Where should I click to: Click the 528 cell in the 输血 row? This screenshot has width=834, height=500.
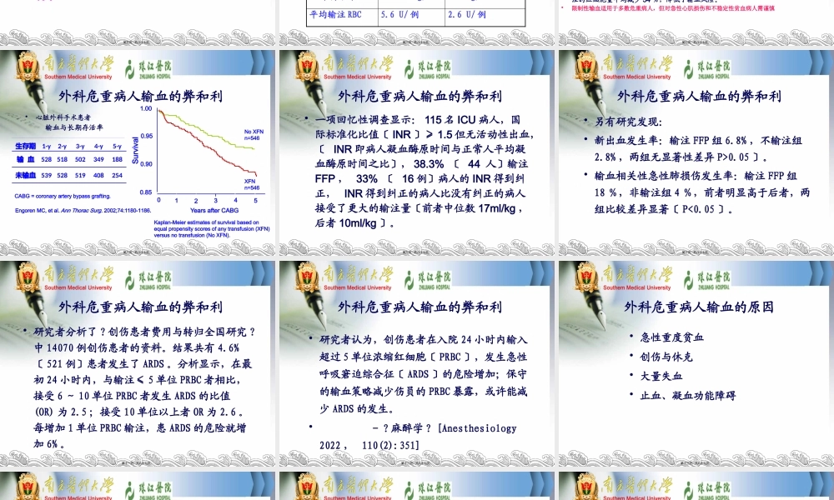(47, 159)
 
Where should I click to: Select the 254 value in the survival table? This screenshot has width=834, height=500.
(117, 175)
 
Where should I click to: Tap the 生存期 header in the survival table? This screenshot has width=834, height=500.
(24, 146)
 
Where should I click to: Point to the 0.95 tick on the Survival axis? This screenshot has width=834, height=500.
(146, 136)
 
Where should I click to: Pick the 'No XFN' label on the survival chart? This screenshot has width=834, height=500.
(254, 132)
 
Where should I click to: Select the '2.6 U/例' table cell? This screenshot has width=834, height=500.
(467, 14)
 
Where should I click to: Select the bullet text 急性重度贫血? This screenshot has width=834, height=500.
(672, 337)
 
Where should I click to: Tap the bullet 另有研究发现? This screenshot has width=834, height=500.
(628, 122)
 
